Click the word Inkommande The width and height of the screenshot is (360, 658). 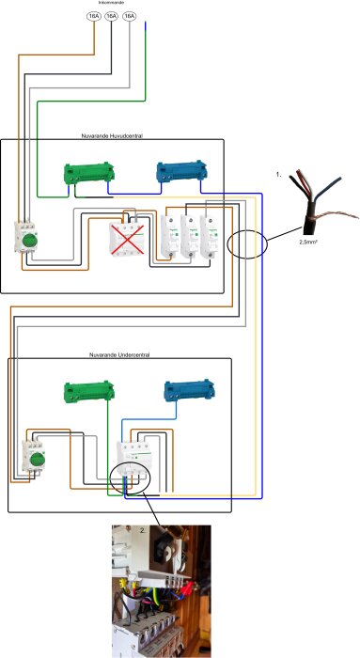(112, 3)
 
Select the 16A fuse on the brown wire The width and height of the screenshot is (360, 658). (94, 16)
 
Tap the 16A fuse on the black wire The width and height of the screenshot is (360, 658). (112, 16)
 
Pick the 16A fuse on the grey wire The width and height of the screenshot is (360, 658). (130, 16)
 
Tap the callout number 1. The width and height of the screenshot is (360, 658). (278, 175)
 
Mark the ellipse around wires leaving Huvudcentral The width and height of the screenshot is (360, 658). (247, 242)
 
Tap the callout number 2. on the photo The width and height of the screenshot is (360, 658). (143, 529)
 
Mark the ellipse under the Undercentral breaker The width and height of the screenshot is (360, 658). (133, 478)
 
